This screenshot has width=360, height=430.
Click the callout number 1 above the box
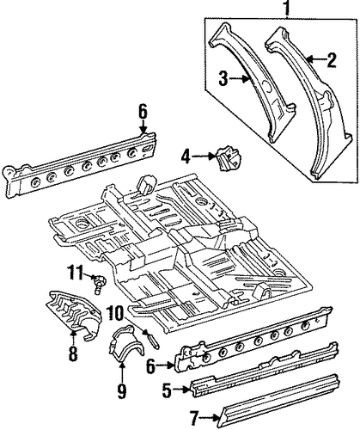click(x=288, y=9)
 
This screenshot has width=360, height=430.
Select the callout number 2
click(x=332, y=60)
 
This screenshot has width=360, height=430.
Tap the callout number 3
click(x=223, y=78)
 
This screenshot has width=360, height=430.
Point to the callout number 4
click(x=186, y=157)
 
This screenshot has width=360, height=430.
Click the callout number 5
click(x=167, y=390)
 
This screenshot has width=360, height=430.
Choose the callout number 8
click(x=73, y=353)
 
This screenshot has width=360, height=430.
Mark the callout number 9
click(x=122, y=391)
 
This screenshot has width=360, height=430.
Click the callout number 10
click(x=115, y=313)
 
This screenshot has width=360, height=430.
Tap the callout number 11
click(x=76, y=273)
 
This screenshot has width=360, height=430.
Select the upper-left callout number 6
click(x=143, y=112)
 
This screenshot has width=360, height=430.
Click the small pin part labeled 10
click(x=152, y=339)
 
